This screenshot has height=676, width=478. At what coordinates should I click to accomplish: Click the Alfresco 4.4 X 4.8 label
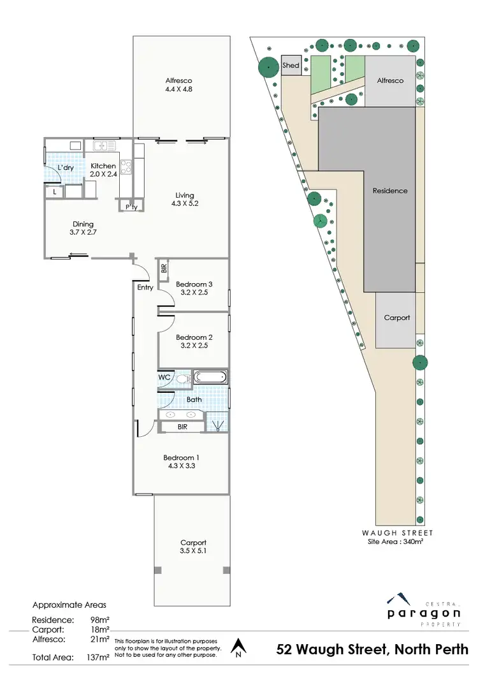[178, 85]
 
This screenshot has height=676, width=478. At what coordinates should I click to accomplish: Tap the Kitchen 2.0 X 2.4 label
[103, 170]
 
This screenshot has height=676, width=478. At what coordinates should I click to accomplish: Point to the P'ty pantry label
[131, 207]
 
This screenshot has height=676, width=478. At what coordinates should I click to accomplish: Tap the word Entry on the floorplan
[145, 288]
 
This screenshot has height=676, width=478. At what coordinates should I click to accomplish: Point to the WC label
[164, 377]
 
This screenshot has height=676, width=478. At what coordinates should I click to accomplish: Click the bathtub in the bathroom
[210, 377]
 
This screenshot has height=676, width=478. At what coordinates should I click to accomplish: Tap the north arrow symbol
[238, 647]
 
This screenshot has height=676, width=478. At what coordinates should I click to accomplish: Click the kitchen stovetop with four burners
[126, 167]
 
